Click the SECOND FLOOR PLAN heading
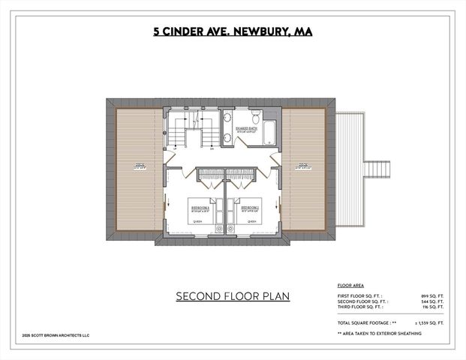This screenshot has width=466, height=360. pyautogui.click(x=233, y=295)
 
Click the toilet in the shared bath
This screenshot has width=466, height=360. pyautogui.click(x=255, y=118)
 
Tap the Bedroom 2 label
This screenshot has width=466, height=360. pyautogui.click(x=250, y=206)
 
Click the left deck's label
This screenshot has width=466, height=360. pyautogui.click(x=140, y=166)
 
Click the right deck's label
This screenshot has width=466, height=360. pyautogui.click(x=303, y=166)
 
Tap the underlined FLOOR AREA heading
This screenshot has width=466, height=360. pyautogui.click(x=350, y=286)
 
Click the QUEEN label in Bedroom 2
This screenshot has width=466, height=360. pyautogui.click(x=251, y=222)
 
